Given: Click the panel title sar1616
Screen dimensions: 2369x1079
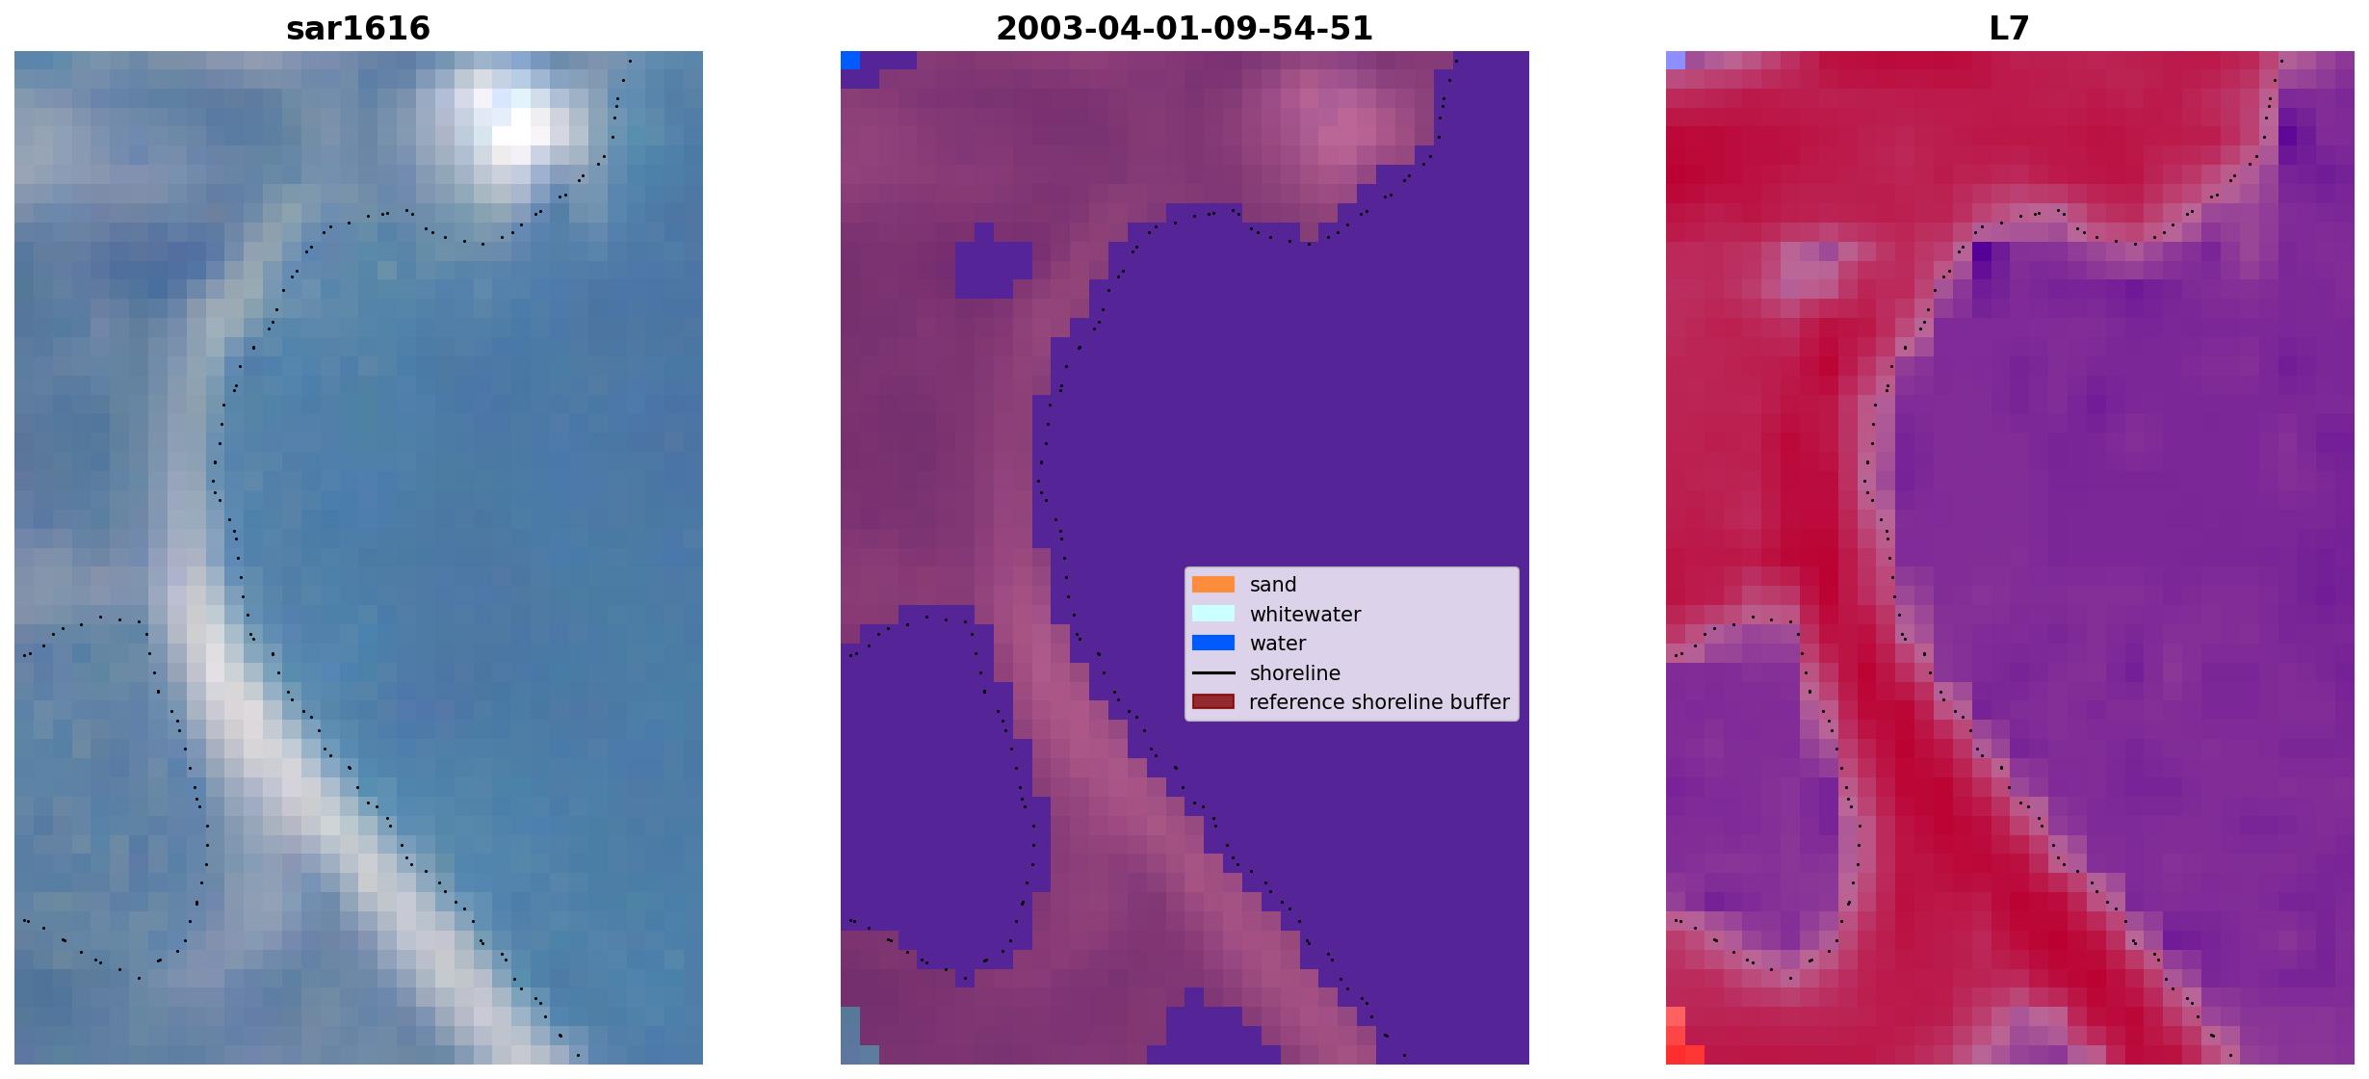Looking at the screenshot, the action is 358,28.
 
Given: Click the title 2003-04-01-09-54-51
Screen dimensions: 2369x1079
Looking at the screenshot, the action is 1184,28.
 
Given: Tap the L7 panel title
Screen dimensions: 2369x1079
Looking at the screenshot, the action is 2010,28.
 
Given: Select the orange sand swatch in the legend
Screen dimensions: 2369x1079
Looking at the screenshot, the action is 1213,585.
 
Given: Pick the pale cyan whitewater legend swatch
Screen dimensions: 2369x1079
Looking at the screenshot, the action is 1213,614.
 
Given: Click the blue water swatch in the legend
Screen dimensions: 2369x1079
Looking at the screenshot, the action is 1213,643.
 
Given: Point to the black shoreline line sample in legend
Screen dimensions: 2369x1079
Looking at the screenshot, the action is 1213,672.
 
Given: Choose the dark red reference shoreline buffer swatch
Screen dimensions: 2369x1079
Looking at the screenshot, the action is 1213,701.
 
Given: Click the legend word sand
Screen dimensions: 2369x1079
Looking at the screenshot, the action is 1273,585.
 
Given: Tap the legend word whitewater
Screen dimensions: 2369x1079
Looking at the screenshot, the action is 1305,614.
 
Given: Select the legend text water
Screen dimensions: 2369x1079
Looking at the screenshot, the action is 1278,644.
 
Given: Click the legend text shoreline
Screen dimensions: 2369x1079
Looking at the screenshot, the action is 1295,672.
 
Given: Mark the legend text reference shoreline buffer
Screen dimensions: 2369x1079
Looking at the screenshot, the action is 1379,702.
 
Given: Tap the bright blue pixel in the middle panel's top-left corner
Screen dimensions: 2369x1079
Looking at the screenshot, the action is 850,61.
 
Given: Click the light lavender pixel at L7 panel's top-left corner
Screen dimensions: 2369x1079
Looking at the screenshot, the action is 1676,61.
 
